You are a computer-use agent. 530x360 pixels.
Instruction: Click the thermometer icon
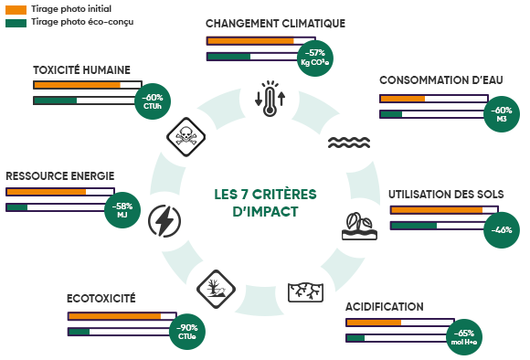click(269, 99)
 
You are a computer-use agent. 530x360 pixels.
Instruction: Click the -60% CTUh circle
click(152, 101)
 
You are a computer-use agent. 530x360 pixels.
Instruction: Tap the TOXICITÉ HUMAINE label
click(81, 70)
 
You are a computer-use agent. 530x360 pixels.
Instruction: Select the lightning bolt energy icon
click(164, 220)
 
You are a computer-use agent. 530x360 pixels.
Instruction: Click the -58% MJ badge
click(122, 211)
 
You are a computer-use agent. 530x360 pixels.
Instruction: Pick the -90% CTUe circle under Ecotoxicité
click(187, 332)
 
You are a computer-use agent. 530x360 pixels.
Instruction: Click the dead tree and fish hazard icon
click(216, 288)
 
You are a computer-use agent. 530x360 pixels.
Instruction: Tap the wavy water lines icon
click(348, 143)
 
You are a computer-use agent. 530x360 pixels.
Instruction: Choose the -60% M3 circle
click(503, 115)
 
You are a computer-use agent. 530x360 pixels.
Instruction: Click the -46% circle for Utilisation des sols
click(501, 229)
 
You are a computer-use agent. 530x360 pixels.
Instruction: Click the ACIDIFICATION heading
click(384, 306)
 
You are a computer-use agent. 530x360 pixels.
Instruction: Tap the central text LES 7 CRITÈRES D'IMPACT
click(264, 202)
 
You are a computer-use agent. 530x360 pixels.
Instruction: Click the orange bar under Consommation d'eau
click(403, 99)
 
